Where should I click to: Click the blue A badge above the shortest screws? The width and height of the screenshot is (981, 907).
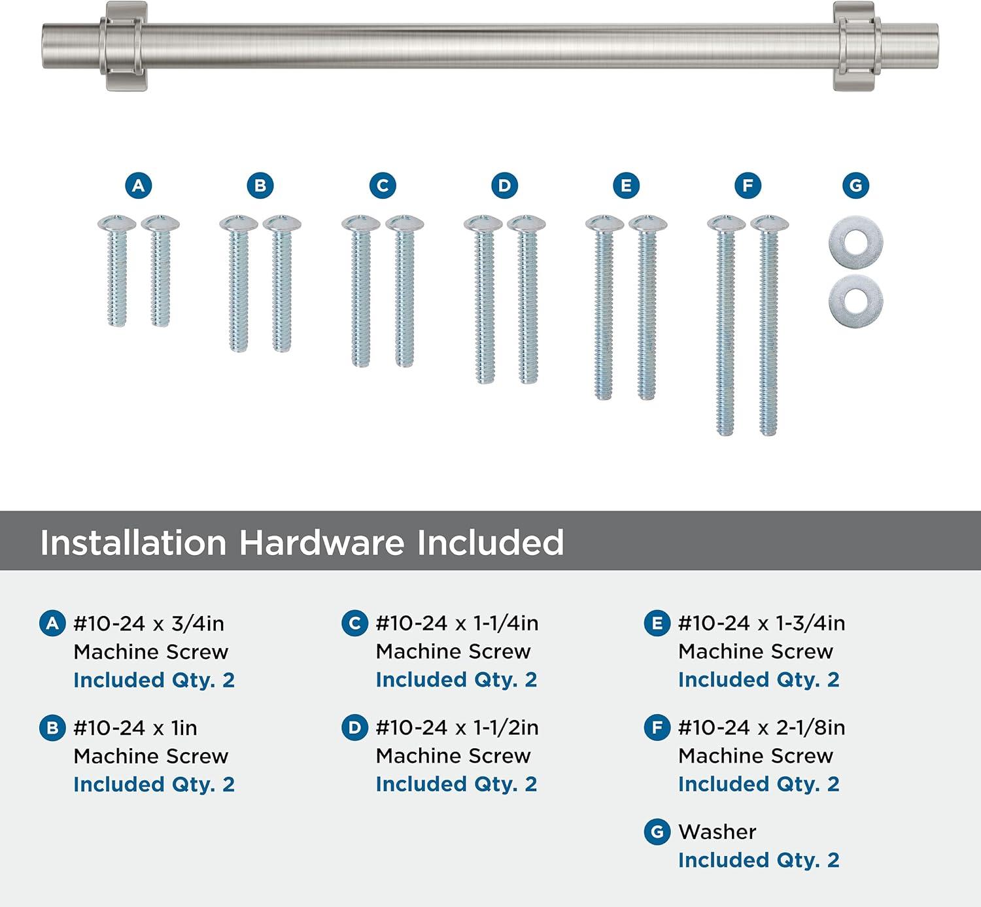click(138, 186)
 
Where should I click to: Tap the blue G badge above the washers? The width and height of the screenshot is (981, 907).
click(855, 186)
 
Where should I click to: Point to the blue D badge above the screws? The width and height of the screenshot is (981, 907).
click(504, 186)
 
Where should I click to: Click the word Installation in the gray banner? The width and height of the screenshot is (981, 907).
click(133, 543)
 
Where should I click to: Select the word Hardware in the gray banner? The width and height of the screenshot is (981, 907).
click(322, 543)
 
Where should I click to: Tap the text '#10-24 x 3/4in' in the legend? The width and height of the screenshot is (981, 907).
click(148, 623)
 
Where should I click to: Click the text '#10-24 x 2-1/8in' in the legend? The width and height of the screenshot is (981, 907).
click(762, 728)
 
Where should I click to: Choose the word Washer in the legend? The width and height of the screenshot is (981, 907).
click(717, 832)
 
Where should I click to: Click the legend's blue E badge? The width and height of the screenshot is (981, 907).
click(657, 623)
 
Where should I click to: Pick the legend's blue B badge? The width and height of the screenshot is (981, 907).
click(52, 728)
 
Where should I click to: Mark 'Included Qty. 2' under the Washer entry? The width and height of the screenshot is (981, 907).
click(759, 860)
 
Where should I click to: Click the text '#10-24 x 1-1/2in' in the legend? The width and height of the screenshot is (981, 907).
click(457, 728)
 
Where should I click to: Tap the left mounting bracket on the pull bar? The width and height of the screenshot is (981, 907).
click(126, 46)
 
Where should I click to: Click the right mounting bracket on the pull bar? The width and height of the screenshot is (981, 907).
click(857, 46)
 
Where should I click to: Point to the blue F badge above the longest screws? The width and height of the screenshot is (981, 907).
click(748, 186)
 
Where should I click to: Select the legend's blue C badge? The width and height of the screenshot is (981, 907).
click(354, 623)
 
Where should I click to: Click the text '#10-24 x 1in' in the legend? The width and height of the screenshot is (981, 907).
click(135, 728)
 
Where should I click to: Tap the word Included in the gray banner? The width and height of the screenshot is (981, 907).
click(490, 543)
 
